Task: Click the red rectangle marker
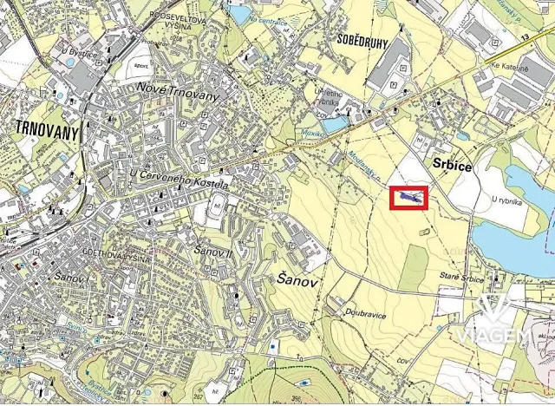click(409, 199)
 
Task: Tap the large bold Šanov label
click(297, 279)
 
